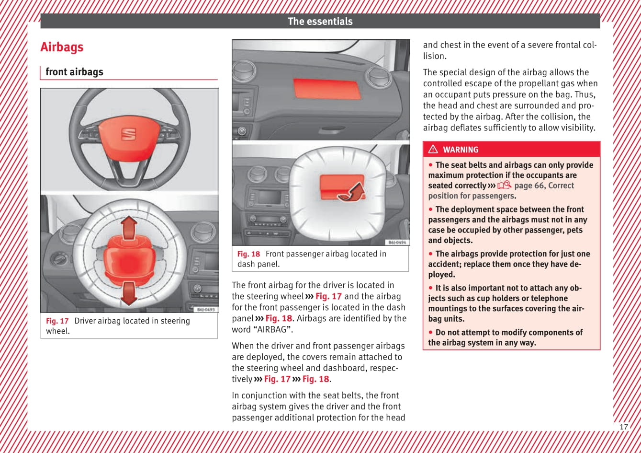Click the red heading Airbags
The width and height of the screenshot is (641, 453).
[62, 47]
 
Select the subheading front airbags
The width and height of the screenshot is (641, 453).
[74, 72]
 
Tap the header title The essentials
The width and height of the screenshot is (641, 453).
[320, 21]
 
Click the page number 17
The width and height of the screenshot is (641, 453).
[623, 427]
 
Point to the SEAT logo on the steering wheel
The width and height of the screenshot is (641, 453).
[128, 134]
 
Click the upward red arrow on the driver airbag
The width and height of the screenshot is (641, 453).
[129, 228]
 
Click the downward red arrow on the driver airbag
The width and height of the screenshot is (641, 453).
[129, 293]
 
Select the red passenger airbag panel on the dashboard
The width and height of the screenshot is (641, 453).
[327, 89]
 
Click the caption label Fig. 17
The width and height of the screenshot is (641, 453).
[57, 321]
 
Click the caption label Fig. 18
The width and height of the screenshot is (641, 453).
[248, 254]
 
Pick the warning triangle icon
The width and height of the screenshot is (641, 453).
[433, 150]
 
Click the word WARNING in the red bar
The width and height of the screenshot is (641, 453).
[461, 150]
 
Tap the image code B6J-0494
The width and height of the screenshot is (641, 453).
[397, 243]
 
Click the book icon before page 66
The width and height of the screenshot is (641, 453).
[504, 186]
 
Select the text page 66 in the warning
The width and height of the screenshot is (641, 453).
[529, 186]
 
